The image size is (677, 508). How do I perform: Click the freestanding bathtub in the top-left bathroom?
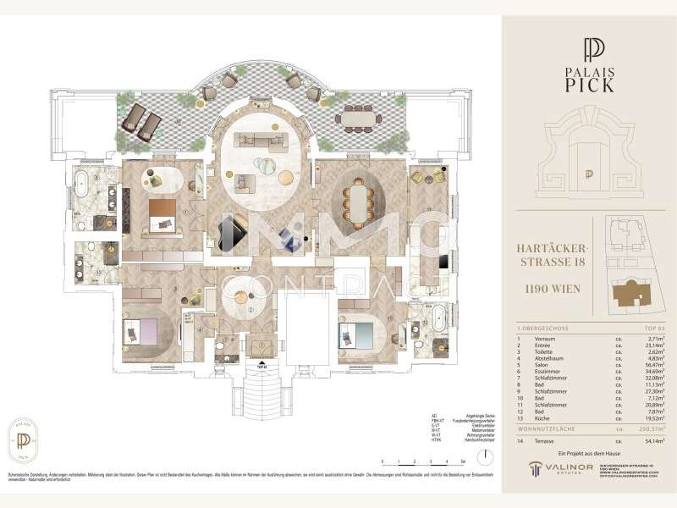(x=88, y=183)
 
